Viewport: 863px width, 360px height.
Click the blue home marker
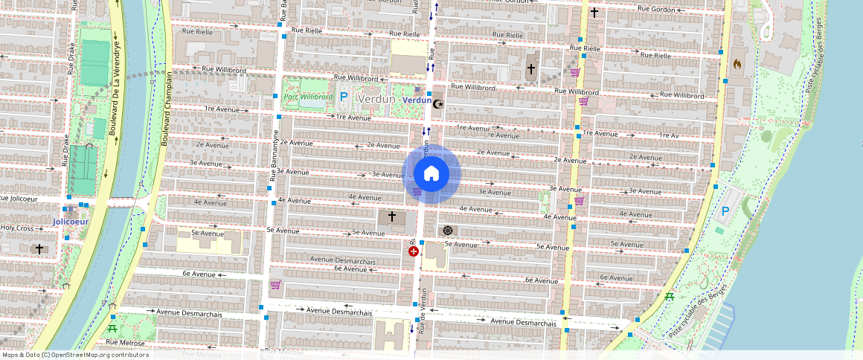click(431, 174)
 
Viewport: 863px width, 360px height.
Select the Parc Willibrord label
click(307, 97)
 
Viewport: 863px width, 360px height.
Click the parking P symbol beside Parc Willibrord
click(344, 97)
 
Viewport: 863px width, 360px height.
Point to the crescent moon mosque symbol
click(438, 103)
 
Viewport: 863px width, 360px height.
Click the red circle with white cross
click(414, 252)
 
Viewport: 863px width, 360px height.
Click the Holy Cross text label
click(17, 228)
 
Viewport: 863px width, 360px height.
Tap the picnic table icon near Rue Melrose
click(112, 328)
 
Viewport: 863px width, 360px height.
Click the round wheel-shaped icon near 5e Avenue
click(447, 231)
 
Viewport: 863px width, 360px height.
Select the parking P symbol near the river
click(725, 212)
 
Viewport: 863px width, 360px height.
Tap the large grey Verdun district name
click(376, 99)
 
